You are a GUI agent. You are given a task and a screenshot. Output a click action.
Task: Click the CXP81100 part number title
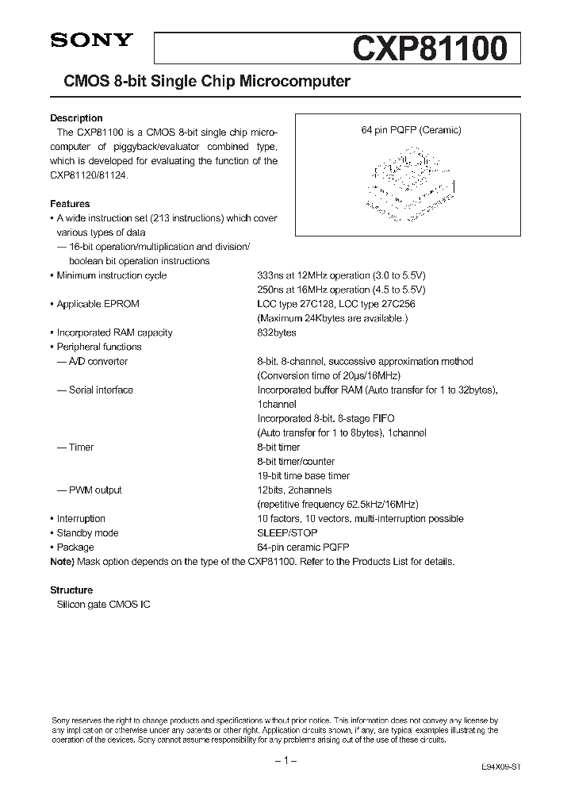tap(428, 49)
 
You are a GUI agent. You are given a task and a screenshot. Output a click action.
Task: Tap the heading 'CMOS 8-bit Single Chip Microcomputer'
tap(201, 81)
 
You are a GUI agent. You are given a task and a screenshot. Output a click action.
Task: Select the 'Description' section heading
tap(76, 118)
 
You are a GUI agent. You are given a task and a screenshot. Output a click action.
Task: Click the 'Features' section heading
tap(70, 204)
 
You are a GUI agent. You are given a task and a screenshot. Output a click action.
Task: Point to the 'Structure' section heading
tap(71, 590)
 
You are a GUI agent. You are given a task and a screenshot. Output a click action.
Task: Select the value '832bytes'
tap(277, 332)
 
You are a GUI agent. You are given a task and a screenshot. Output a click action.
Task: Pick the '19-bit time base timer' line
tap(304, 476)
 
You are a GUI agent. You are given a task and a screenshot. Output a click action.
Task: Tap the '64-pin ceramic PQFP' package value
tap(303, 547)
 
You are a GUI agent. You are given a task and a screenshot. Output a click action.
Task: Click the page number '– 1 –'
tap(285, 761)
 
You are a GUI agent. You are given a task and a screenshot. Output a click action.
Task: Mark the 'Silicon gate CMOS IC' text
tap(103, 605)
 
